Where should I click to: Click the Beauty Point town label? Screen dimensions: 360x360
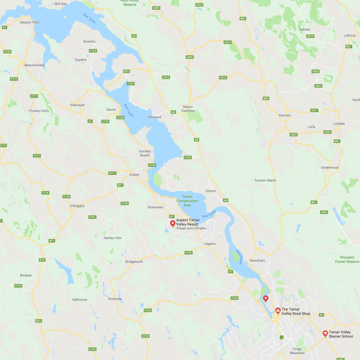click(30, 22)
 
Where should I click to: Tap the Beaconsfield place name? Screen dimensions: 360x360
click(34, 65)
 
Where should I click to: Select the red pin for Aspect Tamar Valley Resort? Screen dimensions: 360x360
click(172, 223)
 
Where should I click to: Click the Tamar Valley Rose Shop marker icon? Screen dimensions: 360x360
click(277, 310)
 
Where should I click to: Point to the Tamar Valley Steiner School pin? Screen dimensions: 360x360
click(325, 333)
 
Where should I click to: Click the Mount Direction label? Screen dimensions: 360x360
click(188, 108)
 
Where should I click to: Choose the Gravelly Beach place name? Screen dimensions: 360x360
click(144, 153)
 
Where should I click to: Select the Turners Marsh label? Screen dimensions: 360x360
click(265, 180)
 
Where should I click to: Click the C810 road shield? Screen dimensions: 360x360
click(165, 77)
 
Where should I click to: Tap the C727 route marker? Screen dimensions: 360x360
click(131, 83)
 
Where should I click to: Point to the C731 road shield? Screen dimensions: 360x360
click(92, 217)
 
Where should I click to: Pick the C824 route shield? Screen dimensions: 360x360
click(324, 212)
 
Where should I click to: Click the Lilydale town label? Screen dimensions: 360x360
click(338, 123)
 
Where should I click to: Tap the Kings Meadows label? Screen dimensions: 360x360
click(297, 351)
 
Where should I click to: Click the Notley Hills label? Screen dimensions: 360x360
click(112, 238)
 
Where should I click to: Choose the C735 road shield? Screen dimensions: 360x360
click(92, 349)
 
